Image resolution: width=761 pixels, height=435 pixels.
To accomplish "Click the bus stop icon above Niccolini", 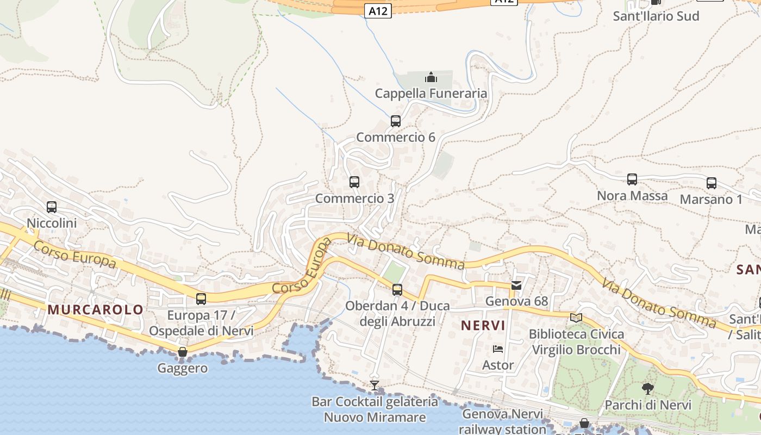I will click(x=52, y=207).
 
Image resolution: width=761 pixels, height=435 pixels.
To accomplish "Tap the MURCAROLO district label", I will click(x=96, y=310).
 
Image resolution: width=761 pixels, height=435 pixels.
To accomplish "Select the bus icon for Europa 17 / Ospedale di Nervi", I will click(x=201, y=299).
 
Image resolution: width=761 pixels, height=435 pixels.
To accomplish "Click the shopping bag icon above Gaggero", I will click(x=183, y=352).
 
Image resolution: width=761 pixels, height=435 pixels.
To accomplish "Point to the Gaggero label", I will click(x=183, y=368).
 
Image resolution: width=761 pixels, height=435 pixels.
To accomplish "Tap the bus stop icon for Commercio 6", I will click(x=396, y=121).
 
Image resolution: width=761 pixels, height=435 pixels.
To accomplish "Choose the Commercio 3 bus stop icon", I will click(x=354, y=182).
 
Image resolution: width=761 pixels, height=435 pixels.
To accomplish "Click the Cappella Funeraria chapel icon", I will click(x=431, y=77).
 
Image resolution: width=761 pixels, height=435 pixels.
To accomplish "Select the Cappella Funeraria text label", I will click(x=431, y=94).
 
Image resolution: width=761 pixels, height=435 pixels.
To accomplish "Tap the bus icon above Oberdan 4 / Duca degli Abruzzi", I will click(x=397, y=290).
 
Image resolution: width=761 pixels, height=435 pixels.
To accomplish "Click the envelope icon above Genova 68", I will click(x=516, y=285).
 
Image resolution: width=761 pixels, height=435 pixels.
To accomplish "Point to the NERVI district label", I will click(x=483, y=326).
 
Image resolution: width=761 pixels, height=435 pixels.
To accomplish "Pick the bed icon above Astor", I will click(x=498, y=349).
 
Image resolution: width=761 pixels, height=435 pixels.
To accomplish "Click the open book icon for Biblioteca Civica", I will click(x=576, y=318).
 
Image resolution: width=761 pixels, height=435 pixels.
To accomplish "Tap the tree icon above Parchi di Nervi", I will click(x=648, y=389).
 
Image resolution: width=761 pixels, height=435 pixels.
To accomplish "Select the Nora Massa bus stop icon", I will click(x=632, y=179).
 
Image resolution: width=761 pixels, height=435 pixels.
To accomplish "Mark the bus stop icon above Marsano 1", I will click(x=712, y=183).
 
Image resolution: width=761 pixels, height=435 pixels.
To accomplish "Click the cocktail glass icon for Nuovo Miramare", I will click(x=375, y=386).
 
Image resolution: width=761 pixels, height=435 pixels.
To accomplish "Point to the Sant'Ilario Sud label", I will click(x=656, y=16).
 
